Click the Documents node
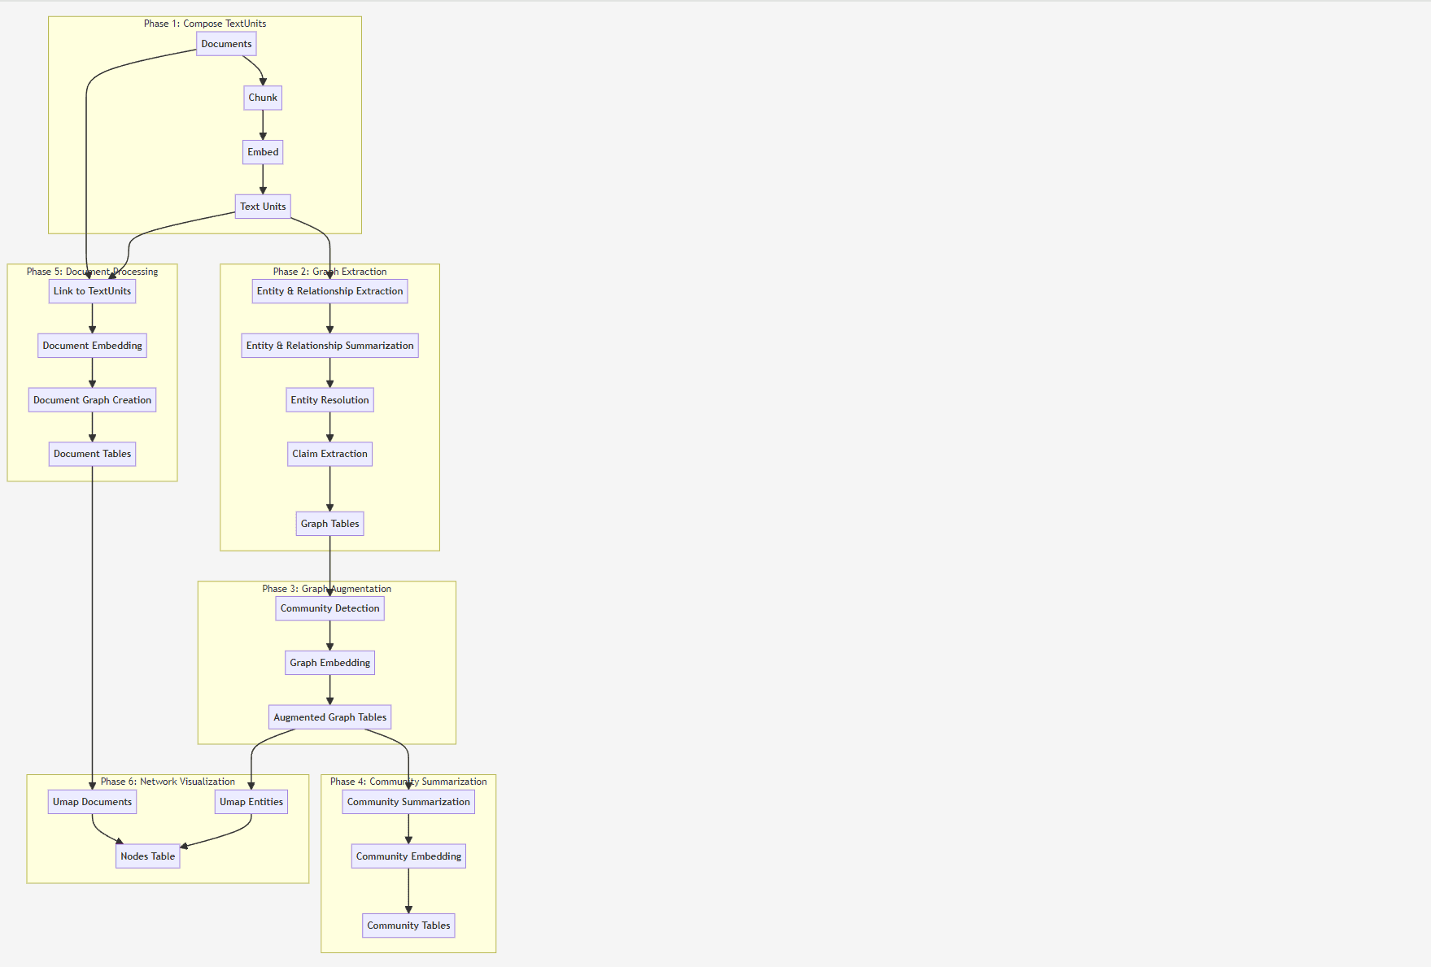click(x=226, y=44)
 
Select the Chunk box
click(x=263, y=98)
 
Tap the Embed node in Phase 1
click(x=263, y=152)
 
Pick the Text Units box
click(x=263, y=207)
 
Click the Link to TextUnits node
click(x=92, y=291)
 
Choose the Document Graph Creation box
click(x=92, y=400)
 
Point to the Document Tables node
click(x=92, y=454)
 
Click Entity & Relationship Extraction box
click(x=329, y=291)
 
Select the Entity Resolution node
click(x=329, y=400)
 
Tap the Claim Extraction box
click(x=329, y=454)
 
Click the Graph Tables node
click(x=329, y=524)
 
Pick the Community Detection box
click(x=329, y=608)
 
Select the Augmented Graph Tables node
click(x=329, y=717)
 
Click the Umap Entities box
click(x=251, y=802)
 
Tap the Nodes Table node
click(x=147, y=856)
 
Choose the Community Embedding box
click(x=408, y=856)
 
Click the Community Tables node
click(x=408, y=926)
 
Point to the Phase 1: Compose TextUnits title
click(x=205, y=24)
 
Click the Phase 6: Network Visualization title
click(x=168, y=782)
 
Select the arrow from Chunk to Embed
click(x=263, y=124)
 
